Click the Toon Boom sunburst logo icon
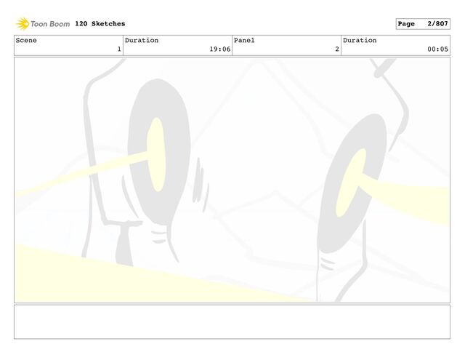[23, 24]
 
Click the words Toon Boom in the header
[50, 24]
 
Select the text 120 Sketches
[100, 24]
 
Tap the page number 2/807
[437, 24]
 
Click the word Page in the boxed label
[406, 24]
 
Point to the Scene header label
[26, 40]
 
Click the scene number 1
[119, 49]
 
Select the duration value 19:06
[219, 49]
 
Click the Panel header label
[244, 40]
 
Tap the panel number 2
[337, 49]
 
